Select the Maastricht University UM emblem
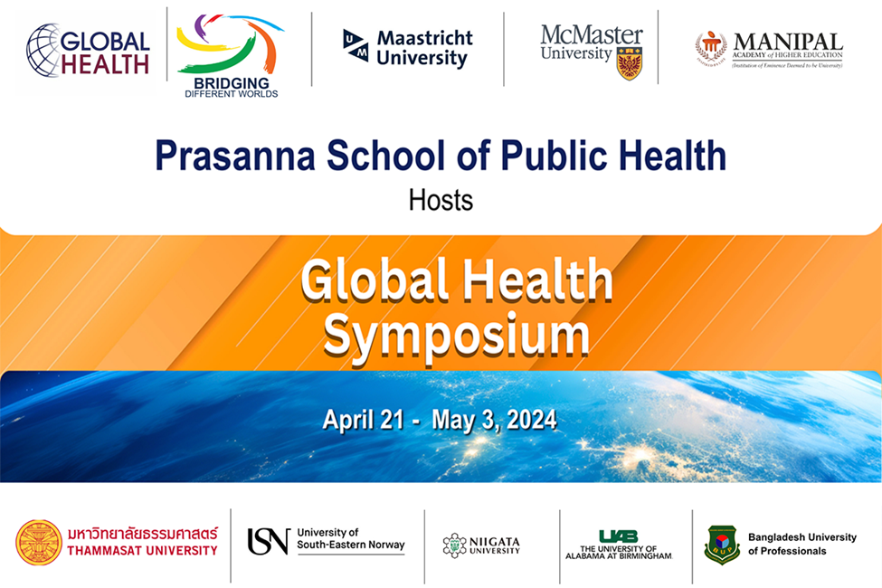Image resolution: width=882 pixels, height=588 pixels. tap(355, 45)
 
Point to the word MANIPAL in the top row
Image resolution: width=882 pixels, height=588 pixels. tap(787, 42)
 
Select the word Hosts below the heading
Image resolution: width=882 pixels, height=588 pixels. tap(441, 199)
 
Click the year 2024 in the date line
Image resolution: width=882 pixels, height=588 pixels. tap(532, 420)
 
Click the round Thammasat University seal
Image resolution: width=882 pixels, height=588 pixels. tap(39, 542)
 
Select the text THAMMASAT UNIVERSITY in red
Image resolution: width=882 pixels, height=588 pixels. tap(142, 550)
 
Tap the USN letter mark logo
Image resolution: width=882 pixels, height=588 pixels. tap(268, 541)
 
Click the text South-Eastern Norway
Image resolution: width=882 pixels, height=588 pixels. tap(351, 546)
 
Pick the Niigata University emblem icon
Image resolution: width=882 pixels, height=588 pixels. tap(454, 545)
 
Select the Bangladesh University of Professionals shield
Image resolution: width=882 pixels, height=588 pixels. tap(722, 544)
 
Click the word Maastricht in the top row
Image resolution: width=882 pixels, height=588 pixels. tap(425, 39)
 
